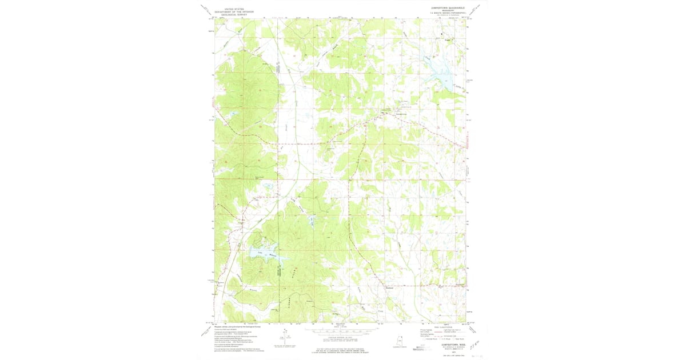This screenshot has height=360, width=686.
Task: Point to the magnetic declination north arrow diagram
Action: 284,337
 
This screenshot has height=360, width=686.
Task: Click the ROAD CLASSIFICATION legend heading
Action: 448,326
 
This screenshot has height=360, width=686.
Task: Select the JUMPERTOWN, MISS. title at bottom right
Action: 448,345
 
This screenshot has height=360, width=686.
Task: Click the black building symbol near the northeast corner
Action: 448,35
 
